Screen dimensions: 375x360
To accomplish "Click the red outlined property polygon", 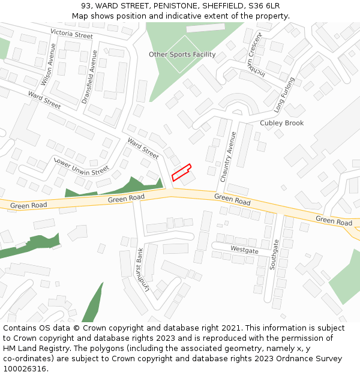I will pyautogui.click(x=181, y=172).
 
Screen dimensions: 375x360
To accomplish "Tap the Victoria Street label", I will pyautogui.click(x=71, y=34).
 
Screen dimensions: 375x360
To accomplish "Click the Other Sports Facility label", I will pyautogui.click(x=182, y=55).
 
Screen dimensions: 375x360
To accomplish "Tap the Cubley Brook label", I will pyautogui.click(x=281, y=123).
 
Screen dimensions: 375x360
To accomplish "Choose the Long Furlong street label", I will pyautogui.click(x=284, y=95).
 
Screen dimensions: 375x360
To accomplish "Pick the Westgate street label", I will pyautogui.click(x=244, y=250).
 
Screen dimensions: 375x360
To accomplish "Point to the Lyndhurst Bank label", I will pyautogui.click(x=141, y=272).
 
